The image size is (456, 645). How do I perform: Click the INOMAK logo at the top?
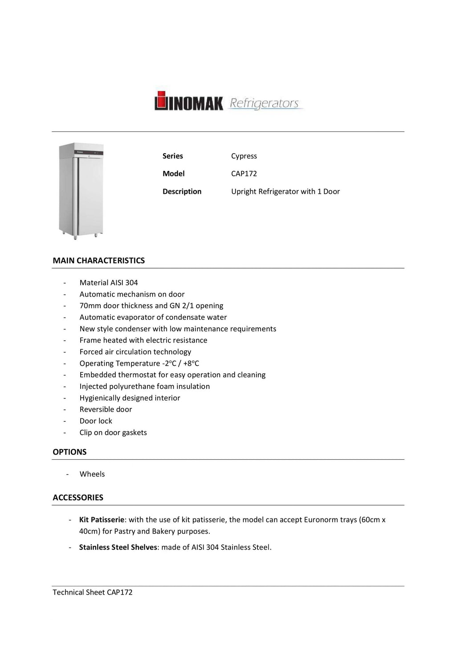[189, 102]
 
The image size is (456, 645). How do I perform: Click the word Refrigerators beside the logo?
[265, 103]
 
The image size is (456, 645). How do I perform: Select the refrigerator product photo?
[81, 191]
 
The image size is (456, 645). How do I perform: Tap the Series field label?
[173, 156]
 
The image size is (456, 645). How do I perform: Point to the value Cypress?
[244, 156]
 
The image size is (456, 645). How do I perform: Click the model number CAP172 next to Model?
[244, 174]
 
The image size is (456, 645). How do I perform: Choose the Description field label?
[182, 192]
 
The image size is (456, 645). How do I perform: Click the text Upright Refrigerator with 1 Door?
[285, 192]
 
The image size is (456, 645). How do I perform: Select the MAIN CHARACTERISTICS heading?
[99, 261]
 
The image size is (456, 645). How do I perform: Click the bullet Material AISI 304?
[109, 282]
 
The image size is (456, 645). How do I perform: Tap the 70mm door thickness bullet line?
[151, 306]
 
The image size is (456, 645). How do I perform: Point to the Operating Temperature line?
[139, 363]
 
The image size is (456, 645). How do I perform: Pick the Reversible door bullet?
[106, 409]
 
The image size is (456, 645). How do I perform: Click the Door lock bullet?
[96, 421]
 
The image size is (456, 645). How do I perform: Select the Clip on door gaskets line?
[113, 433]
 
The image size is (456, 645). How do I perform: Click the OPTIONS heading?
[69, 452]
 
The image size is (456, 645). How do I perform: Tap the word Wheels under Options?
[92, 474]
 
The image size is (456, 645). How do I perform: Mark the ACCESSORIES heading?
[78, 498]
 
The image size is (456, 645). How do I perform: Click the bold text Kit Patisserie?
[102, 520]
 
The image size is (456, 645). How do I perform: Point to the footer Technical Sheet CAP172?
[93, 592]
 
